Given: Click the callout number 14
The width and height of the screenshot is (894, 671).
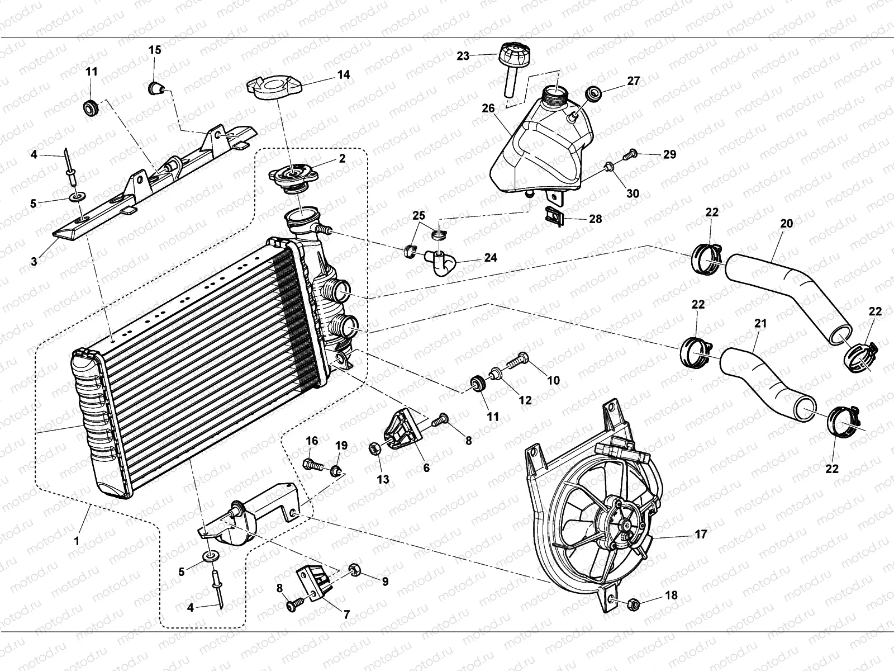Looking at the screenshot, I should [344, 74].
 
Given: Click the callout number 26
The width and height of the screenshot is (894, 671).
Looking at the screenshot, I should [488, 108].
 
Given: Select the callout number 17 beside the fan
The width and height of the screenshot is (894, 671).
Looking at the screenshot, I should [700, 535].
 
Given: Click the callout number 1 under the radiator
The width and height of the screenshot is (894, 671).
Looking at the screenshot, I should [77, 541].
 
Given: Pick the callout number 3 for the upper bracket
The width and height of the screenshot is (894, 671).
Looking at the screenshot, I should [34, 261].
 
